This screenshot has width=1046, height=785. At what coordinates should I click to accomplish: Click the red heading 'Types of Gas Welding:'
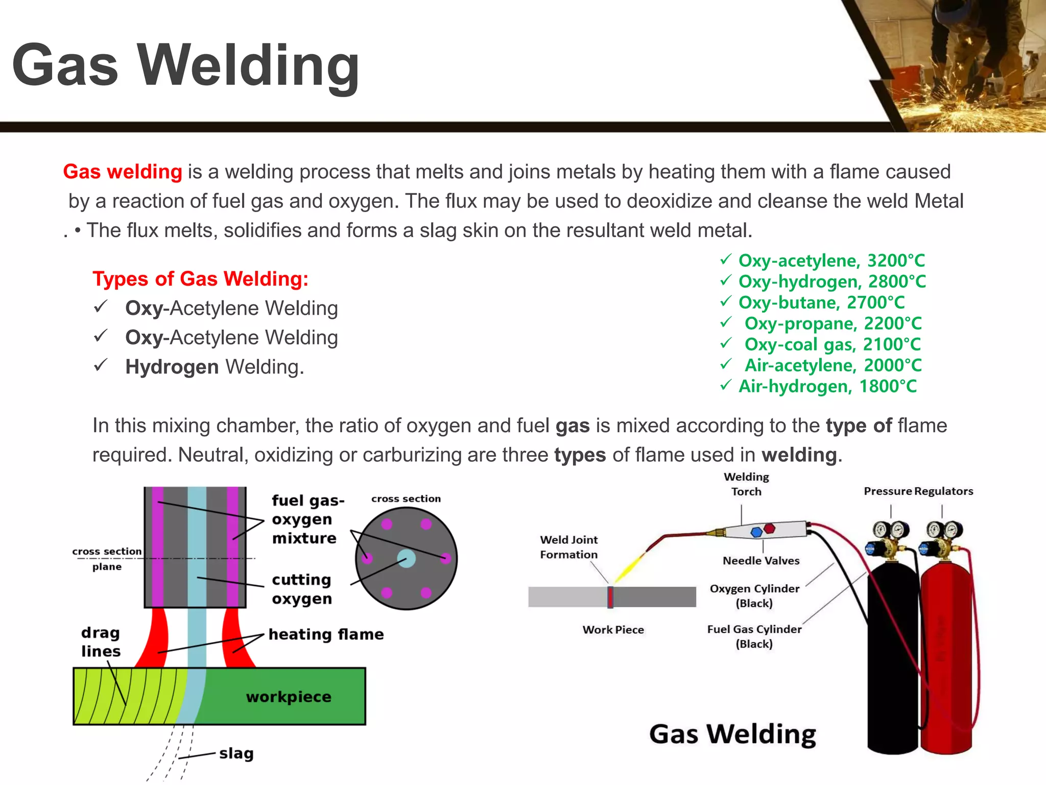point(200,279)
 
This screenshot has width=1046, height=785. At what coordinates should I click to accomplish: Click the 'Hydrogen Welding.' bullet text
point(215,367)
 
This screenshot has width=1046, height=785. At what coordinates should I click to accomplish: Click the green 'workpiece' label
point(289,697)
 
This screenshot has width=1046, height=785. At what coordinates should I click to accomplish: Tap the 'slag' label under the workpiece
point(236,753)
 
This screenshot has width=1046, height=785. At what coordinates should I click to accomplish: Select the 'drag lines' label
point(101,642)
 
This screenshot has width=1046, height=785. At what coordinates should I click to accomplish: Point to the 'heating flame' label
point(326,634)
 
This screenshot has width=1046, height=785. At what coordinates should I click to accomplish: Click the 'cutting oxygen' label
point(302,589)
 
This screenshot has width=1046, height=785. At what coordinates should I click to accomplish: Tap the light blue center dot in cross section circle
point(406,558)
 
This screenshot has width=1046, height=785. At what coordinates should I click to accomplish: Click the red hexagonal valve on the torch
point(769,528)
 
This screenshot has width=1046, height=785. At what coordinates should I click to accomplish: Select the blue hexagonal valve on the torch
point(756,533)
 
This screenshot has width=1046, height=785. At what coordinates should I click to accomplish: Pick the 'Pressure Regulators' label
point(918,491)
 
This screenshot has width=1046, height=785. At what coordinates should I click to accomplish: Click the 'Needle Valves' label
point(761,561)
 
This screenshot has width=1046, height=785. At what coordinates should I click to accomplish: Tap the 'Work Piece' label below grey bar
point(613,630)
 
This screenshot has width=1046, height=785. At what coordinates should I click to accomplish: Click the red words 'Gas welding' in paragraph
point(123,172)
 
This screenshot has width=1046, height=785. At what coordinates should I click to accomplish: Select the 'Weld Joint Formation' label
point(569,547)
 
